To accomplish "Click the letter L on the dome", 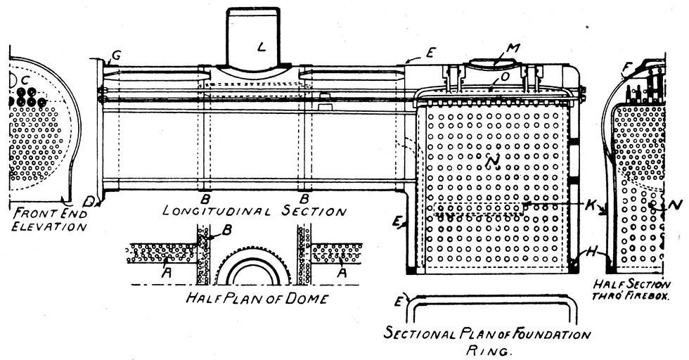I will coord(262,47).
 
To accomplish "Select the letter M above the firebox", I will coord(513,49).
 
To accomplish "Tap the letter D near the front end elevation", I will coord(89,202).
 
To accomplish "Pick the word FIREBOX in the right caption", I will coord(643,297).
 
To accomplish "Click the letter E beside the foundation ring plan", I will coord(399,302).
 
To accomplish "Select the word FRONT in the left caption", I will coord(29,212).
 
